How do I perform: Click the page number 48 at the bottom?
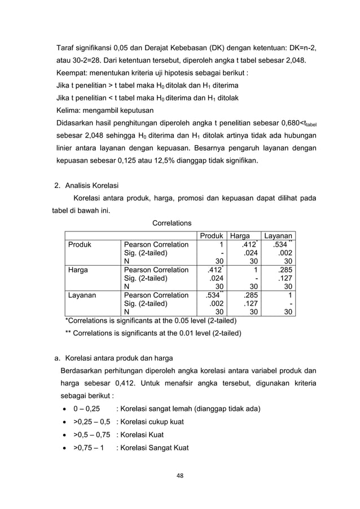[179, 476]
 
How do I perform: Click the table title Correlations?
[172, 223]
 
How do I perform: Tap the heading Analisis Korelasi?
[91, 186]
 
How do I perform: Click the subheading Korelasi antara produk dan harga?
[118, 358]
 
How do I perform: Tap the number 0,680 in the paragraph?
[270, 123]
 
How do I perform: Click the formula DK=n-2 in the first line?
[301, 47]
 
